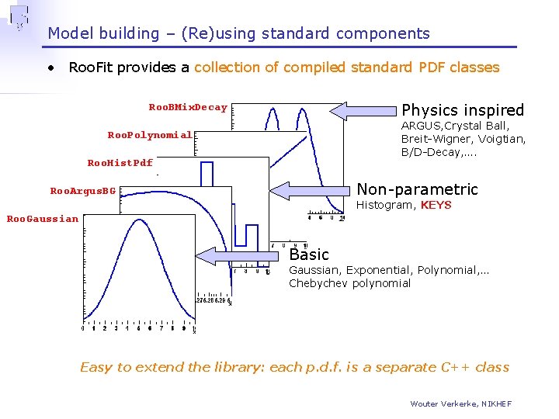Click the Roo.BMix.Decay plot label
click(188, 108)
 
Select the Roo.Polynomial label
click(149, 135)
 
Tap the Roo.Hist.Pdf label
click(120, 163)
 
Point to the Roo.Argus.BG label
click(82, 191)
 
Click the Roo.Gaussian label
click(42, 219)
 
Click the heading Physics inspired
click(463, 110)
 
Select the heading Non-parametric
click(417, 189)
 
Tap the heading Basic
click(309, 255)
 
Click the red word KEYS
click(436, 206)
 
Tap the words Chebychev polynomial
click(349, 283)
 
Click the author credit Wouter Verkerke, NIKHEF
click(461, 403)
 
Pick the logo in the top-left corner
click(19, 17)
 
